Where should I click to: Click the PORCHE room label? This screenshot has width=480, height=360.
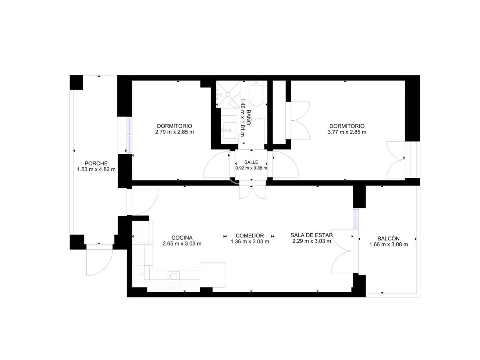tap(96, 163)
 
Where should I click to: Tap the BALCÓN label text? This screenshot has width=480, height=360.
tap(388, 238)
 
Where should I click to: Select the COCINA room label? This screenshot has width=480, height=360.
tap(182, 238)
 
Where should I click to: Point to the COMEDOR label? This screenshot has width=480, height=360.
tap(249, 235)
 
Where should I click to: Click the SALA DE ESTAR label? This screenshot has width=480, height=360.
tap(311, 235)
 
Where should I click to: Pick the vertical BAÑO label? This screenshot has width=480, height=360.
tap(248, 117)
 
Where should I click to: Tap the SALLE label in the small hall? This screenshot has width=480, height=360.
tap(251, 162)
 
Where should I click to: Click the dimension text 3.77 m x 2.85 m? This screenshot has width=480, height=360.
tap(347, 132)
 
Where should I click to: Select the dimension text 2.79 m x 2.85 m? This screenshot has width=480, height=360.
tap(174, 132)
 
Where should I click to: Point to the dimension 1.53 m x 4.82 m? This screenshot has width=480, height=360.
tap(96, 169)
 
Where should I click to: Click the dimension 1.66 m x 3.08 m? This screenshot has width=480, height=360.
tap(388, 244)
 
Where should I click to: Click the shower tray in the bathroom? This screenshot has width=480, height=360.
tap(228, 94)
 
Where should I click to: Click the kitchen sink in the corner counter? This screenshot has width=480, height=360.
tap(139, 273)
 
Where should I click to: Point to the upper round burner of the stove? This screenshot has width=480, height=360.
tap(174, 276)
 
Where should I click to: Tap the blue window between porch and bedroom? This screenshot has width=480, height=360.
tap(129, 135)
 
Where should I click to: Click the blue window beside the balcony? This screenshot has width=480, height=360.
tap(356, 219)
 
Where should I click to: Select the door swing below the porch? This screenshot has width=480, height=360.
tap(99, 260)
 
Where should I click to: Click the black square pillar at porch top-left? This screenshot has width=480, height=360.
tap(76, 82)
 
